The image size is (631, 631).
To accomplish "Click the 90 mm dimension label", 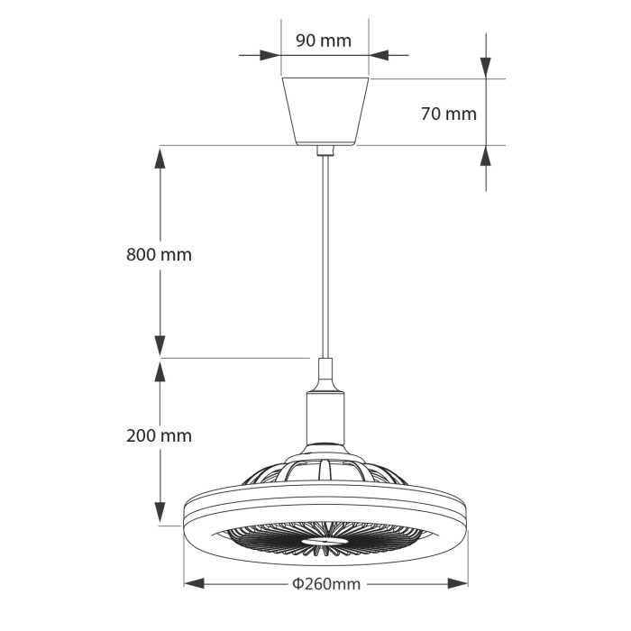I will click(x=323, y=41).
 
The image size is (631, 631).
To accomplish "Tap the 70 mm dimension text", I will click(x=448, y=114).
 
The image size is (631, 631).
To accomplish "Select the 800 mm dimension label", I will click(x=159, y=254).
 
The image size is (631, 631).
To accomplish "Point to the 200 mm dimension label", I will click(x=159, y=435).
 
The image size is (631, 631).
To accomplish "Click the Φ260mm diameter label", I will click(x=325, y=584).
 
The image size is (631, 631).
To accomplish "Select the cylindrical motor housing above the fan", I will click(x=325, y=420).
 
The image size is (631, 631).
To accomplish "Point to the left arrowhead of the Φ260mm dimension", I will click(x=192, y=583).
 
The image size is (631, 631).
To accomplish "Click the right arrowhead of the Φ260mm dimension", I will click(x=459, y=583).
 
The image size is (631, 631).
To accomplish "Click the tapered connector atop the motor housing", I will click(x=325, y=374).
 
